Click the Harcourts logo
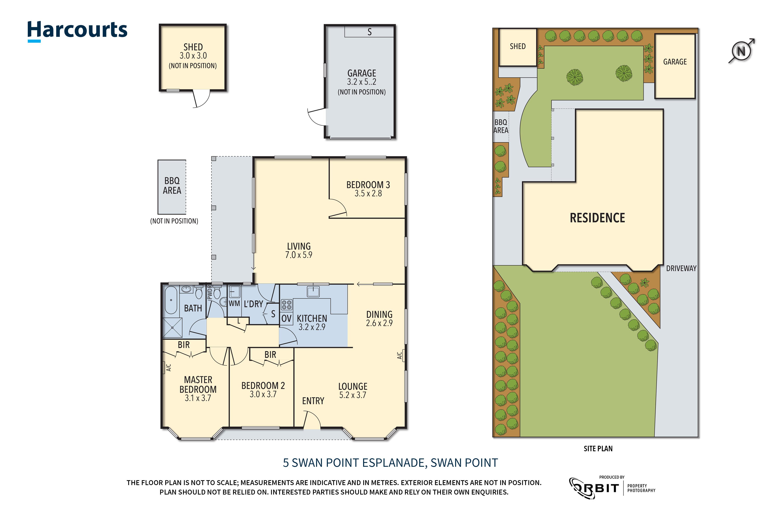77,31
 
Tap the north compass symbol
742,51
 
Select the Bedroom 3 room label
368,185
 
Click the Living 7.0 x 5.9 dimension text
299,255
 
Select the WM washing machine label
234,303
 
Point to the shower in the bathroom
172,328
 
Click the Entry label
313,401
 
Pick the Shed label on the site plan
518,46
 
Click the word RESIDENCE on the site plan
597,218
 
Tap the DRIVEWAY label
681,269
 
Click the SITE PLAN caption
598,449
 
